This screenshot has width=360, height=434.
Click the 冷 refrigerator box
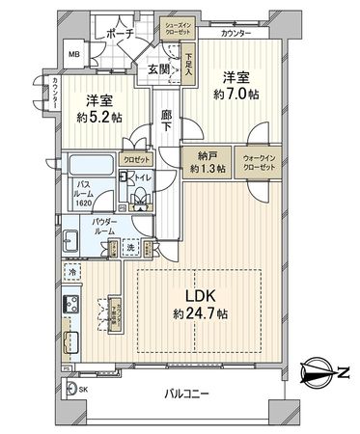(x=73, y=275)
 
